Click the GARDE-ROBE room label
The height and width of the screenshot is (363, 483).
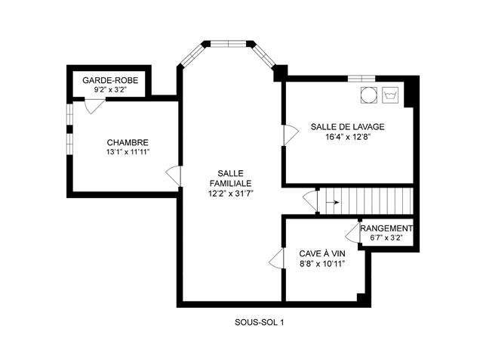[x=110, y=81]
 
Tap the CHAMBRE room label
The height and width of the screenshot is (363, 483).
[x=128, y=143]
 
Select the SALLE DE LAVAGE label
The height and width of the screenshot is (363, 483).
[x=347, y=127]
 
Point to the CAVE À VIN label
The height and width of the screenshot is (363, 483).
[x=322, y=254]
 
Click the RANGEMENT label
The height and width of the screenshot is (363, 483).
[x=386, y=228]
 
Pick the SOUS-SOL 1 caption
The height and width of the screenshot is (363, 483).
[x=259, y=323]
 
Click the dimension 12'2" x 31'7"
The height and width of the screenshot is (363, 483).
[x=230, y=194]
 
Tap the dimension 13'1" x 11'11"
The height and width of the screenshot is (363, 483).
[x=128, y=152]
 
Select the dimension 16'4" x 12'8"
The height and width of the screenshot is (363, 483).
[x=347, y=137]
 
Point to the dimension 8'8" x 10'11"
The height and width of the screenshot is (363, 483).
[x=322, y=264]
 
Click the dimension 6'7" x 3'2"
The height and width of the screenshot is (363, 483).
[x=386, y=238]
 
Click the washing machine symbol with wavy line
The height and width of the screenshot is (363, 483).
[x=390, y=95]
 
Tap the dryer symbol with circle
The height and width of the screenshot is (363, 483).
[x=369, y=95]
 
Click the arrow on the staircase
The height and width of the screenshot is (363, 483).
[x=333, y=203]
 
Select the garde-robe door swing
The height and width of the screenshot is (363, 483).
[x=94, y=106]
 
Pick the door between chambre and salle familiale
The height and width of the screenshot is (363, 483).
[x=173, y=176]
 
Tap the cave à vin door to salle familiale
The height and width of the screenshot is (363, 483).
[x=276, y=258]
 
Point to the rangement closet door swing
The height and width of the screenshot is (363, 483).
[x=352, y=233]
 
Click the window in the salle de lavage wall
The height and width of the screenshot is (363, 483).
[x=361, y=79]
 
